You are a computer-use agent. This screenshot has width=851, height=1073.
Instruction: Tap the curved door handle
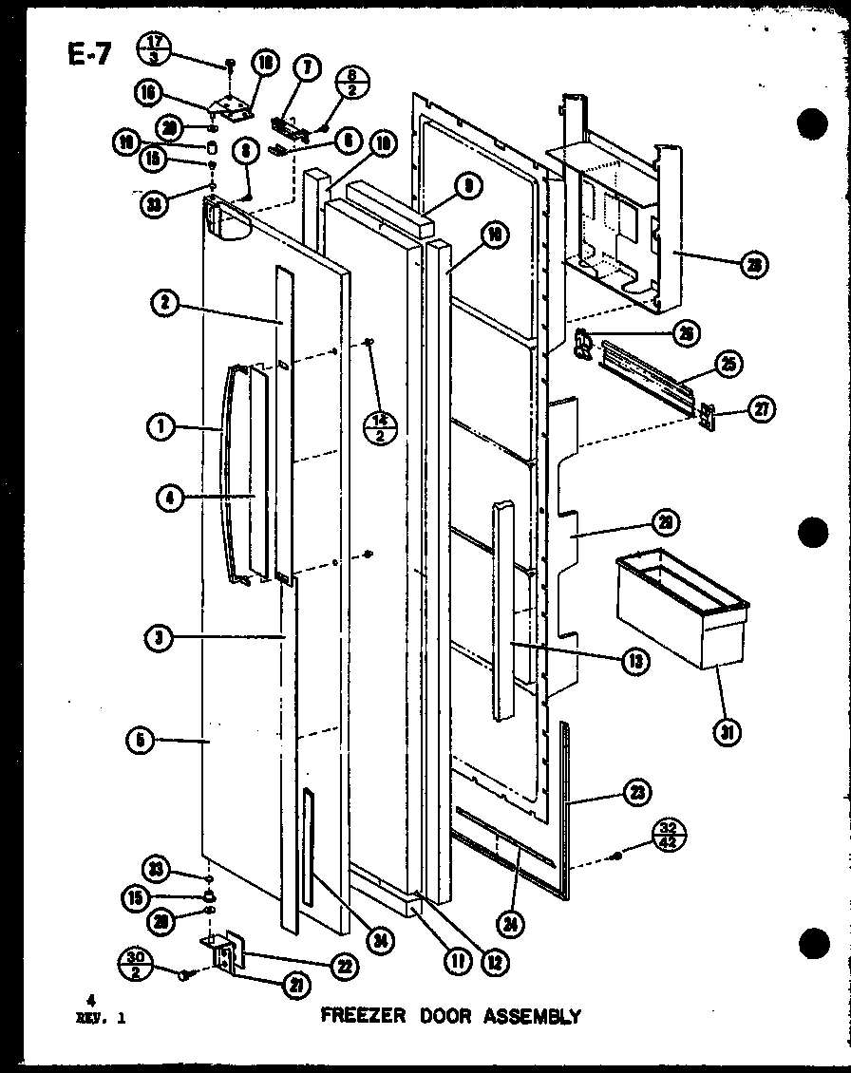coord(224,475)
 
